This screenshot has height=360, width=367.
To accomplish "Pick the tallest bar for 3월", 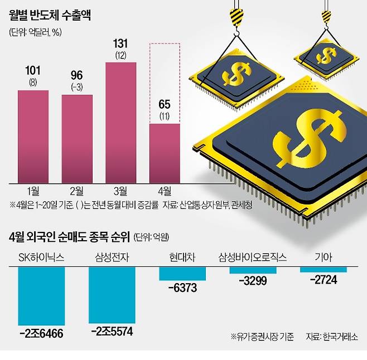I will point(120,123).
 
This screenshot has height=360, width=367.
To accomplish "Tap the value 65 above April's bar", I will point(165,104).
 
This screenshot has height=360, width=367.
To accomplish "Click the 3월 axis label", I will point(120,190).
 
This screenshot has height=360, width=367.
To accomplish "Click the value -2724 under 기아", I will point(323,279).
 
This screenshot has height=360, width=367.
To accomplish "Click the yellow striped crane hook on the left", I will point(236,12).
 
